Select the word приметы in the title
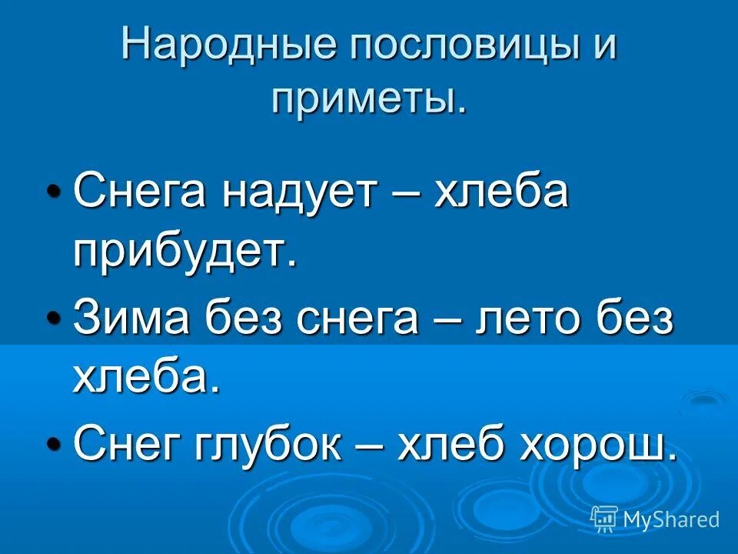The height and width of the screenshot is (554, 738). pyautogui.click(x=367, y=100)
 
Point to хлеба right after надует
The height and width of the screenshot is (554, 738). pyautogui.click(x=501, y=193)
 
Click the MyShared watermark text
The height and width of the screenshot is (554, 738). pyautogui.click(x=671, y=519)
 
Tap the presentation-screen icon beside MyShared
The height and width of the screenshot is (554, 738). pyautogui.click(x=604, y=519)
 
